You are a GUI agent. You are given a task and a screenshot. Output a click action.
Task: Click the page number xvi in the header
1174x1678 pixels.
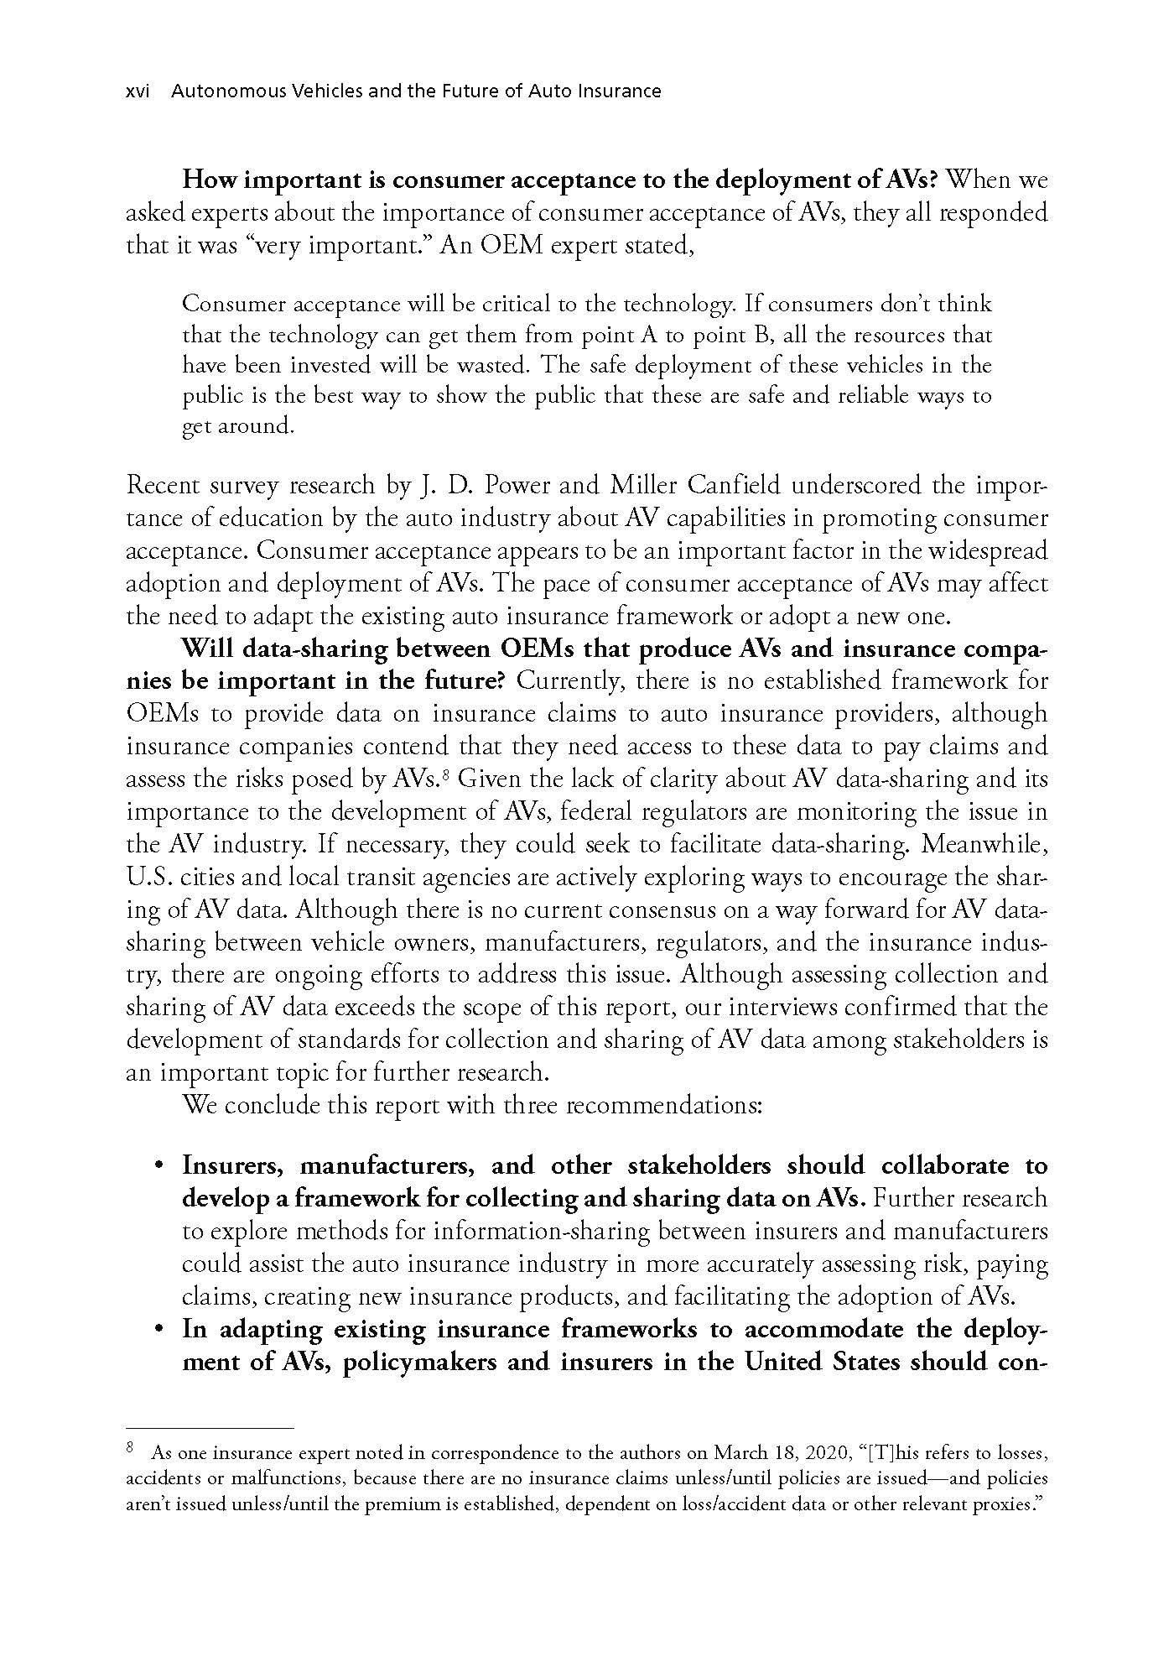(137, 91)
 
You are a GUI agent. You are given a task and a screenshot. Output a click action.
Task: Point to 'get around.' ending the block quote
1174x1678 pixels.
(239, 426)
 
